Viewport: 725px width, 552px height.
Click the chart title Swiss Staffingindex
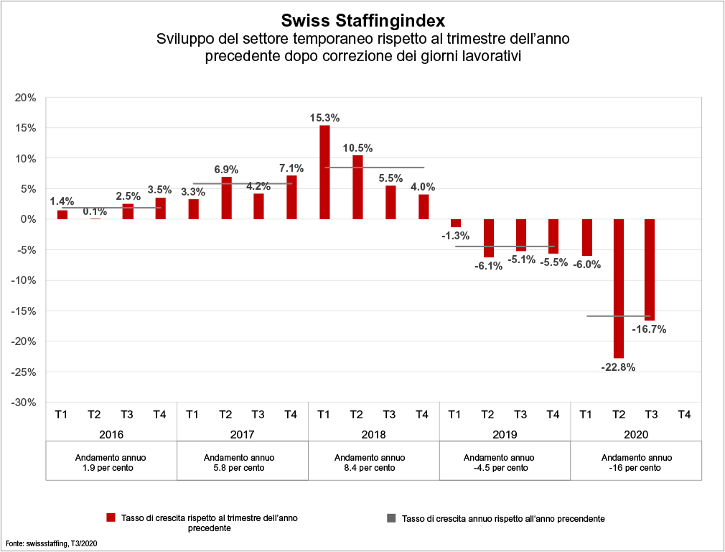coord(362,19)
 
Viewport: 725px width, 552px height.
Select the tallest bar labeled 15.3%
coord(324,172)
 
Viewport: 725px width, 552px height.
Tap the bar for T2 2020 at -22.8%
coord(618,287)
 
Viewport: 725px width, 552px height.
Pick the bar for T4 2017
coord(291,197)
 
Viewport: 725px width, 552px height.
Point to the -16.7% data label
coord(650,330)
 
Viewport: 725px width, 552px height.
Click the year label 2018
coord(373,434)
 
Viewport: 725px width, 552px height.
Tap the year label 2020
coord(635,434)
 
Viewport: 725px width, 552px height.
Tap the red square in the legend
coord(111,517)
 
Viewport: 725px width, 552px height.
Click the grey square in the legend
coord(391,517)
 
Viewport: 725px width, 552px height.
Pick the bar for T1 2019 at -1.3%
coord(456,223)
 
